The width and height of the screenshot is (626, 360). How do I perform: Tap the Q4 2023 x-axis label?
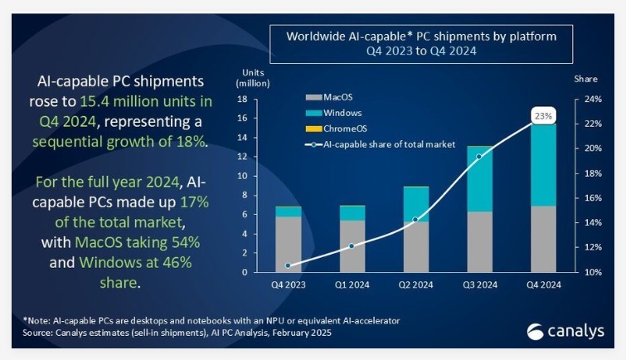pyautogui.click(x=288, y=285)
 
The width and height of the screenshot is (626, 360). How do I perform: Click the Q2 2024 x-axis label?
pyautogui.click(x=415, y=285)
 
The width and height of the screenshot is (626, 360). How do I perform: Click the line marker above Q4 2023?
pyautogui.click(x=288, y=265)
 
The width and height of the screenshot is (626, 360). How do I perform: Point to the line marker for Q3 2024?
pyautogui.click(x=479, y=156)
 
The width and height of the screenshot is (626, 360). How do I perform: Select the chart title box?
pyautogui.click(x=428, y=43)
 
